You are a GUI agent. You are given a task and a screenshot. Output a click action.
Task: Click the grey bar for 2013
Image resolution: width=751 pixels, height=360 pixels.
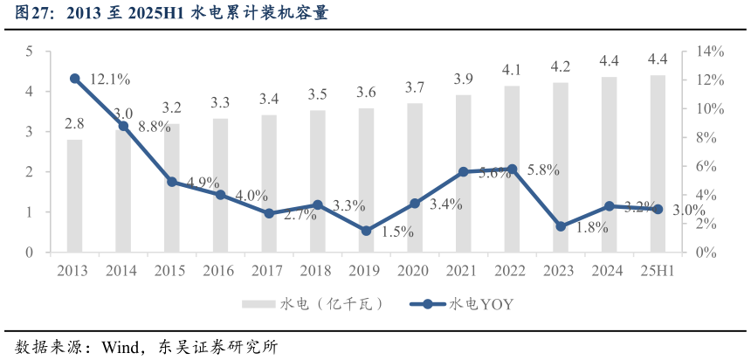coord(75,196)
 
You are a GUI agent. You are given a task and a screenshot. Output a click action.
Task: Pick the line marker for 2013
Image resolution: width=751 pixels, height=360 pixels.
coord(75,79)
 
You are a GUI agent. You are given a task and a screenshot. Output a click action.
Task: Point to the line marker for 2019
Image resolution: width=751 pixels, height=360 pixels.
coord(366,231)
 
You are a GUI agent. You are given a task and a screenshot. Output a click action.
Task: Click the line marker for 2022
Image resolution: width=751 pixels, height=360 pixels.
coord(512,169)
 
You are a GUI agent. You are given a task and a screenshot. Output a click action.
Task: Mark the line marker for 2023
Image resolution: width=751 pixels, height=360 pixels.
coord(561,226)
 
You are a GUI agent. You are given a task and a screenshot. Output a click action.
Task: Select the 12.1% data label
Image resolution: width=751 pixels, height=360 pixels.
coord(110,80)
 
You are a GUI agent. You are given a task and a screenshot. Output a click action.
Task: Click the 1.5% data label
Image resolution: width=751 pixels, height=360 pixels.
coord(397,232)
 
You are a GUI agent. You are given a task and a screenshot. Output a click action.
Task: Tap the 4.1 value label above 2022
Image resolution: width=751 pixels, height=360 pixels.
coord(512,69)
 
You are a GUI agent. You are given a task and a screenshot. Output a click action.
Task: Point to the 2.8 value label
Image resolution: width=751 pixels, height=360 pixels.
coord(74,123)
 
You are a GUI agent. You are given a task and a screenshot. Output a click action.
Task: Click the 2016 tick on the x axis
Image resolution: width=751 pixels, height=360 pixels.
coord(220,271)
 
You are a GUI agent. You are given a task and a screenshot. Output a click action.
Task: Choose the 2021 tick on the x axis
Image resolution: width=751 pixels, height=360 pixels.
coord(463,271)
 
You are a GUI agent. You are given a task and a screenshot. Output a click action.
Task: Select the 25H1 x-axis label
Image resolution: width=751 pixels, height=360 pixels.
coord(657,271)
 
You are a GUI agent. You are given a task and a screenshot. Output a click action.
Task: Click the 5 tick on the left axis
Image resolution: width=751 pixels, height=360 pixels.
coord(29,52)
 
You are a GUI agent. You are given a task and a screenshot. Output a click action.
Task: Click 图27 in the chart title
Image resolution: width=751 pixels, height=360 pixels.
coord(35,15)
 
